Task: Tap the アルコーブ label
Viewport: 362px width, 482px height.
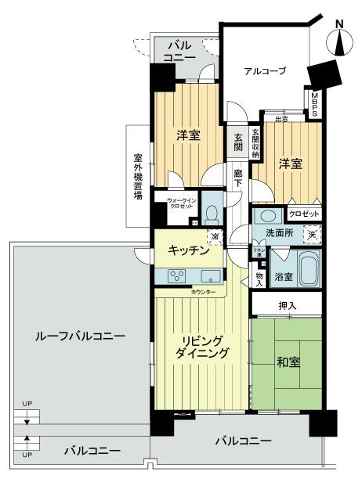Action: click(264, 71)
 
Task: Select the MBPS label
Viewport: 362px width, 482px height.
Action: click(314, 106)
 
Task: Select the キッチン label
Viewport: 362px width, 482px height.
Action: click(187, 250)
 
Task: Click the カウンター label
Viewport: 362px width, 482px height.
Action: click(202, 292)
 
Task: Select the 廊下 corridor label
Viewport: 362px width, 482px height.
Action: click(238, 178)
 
